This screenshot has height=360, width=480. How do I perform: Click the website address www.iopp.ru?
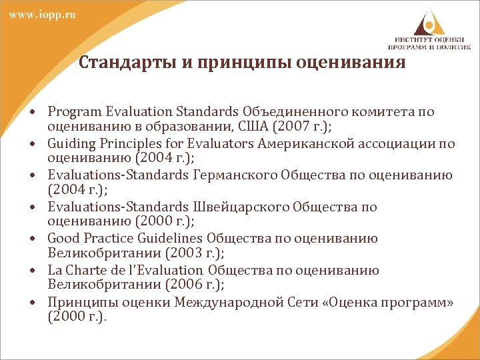point(41,15)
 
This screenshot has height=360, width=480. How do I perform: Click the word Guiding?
point(69,143)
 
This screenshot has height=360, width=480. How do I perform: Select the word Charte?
point(83,271)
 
